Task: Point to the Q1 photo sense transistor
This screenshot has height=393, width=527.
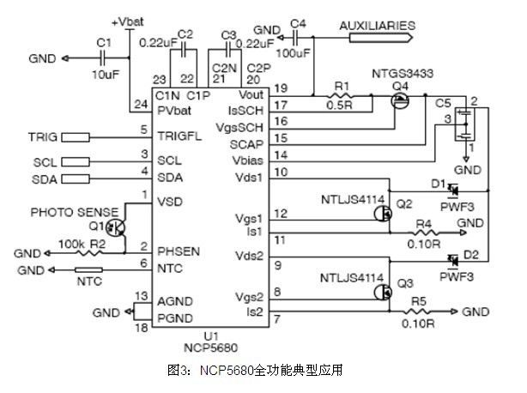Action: [113, 227]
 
